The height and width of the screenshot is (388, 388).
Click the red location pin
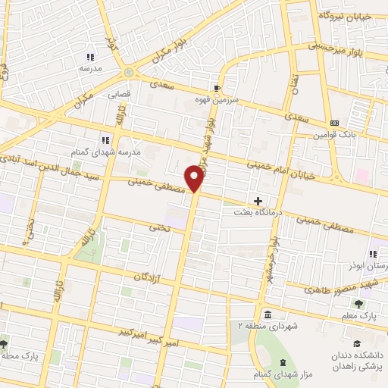click(x=195, y=178)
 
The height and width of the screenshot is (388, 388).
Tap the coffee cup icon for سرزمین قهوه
click(x=218, y=87)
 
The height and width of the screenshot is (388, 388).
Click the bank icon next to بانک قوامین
click(x=334, y=124)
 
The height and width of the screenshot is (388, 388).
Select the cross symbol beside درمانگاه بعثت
click(x=258, y=202)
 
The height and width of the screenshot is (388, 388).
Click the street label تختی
click(x=157, y=227)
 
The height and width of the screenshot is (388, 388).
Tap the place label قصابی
click(x=121, y=96)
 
